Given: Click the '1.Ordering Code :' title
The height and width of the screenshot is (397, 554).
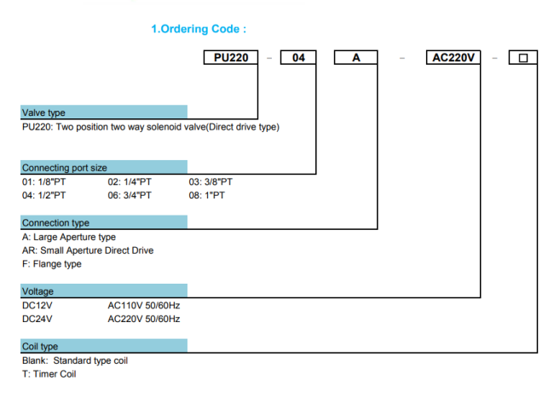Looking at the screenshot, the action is pyautogui.click(x=199, y=29).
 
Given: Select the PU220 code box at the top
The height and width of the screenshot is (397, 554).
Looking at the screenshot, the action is pyautogui.click(x=231, y=58).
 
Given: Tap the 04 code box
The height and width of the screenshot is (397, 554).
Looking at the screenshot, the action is pyautogui.click(x=298, y=58).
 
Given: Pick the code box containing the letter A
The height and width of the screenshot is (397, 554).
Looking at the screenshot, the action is pyautogui.click(x=355, y=58).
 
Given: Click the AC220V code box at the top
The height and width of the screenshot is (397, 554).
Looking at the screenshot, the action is pyautogui.click(x=453, y=58).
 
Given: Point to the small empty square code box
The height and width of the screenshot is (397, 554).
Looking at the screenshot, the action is pyautogui.click(x=523, y=58).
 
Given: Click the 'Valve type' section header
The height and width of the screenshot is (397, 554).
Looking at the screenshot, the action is pyautogui.click(x=104, y=112).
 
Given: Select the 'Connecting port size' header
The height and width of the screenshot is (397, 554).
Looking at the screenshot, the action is pyautogui.click(x=104, y=168).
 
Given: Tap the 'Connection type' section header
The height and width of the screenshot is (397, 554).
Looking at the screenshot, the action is pyautogui.click(x=104, y=222).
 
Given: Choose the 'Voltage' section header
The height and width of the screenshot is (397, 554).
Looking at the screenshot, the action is pyautogui.click(x=104, y=291).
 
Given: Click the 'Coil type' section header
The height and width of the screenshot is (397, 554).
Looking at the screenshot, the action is pyautogui.click(x=104, y=346).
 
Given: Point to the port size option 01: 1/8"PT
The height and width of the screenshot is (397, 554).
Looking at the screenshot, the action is pyautogui.click(x=43, y=182).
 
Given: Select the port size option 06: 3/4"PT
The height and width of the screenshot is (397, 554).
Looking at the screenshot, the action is pyautogui.click(x=130, y=195).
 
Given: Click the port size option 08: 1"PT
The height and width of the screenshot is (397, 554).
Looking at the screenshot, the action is pyautogui.click(x=207, y=195).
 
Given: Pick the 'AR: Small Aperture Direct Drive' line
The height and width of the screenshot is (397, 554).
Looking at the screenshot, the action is pyautogui.click(x=88, y=250).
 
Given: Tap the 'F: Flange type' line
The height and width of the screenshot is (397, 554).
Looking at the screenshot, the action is pyautogui.click(x=52, y=264).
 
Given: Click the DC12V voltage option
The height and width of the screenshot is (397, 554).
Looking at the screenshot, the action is pyautogui.click(x=38, y=306).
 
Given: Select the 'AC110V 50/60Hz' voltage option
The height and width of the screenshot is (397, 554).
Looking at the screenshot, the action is pyautogui.click(x=144, y=306).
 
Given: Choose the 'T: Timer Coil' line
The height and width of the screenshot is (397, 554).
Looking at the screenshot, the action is pyautogui.click(x=49, y=374).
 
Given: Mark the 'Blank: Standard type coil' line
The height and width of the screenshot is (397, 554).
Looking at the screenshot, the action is pyautogui.click(x=75, y=360).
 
